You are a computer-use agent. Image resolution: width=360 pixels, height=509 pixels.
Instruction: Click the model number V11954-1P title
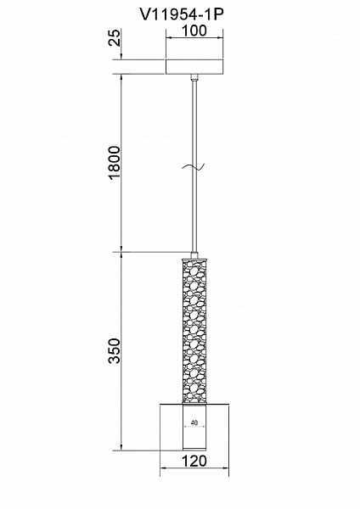pos(182,14)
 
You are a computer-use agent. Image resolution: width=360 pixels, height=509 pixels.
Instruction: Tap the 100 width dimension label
pos(194,31)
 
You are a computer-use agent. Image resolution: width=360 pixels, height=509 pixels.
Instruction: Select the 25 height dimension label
pos(115,37)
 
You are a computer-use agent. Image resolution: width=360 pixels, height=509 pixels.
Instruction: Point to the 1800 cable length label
pos(115,163)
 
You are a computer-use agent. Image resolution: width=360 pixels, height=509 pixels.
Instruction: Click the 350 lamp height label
pos(115,350)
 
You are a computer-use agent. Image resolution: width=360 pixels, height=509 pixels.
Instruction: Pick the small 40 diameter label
pos(194,422)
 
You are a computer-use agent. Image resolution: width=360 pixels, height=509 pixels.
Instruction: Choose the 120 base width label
pos(194,461)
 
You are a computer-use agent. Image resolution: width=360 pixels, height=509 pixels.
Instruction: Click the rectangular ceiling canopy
pos(194,67)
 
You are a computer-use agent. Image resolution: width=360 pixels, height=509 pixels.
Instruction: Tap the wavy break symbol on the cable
pos(194,167)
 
